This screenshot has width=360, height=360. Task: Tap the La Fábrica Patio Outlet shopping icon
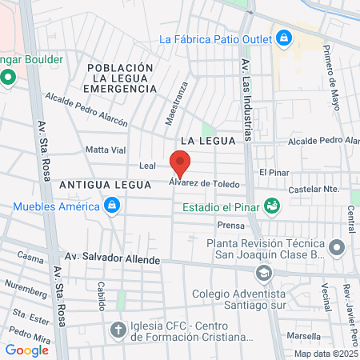click(283, 38)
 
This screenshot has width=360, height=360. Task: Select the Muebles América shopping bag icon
click(112, 207)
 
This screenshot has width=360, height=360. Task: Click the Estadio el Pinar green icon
click(272, 206)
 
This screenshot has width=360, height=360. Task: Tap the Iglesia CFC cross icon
click(118, 330)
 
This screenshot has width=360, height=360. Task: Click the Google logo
click(26, 350)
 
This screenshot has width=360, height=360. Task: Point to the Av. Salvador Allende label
click(112, 260)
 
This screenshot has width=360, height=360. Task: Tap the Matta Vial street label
click(106, 150)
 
